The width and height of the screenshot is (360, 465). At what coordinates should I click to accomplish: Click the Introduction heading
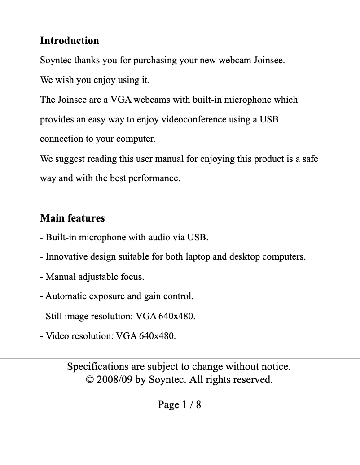pos(70,40)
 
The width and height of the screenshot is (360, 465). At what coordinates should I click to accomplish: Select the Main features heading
pos(72,218)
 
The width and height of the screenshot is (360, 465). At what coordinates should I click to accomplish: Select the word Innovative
pos(66,257)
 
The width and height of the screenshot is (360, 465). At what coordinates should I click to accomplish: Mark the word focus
pos(132,277)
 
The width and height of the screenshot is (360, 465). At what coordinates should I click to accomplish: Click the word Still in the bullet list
pos(54,316)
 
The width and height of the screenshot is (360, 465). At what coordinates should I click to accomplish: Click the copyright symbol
pos(90,380)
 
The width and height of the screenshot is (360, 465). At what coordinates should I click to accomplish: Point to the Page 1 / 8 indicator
pos(179,405)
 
